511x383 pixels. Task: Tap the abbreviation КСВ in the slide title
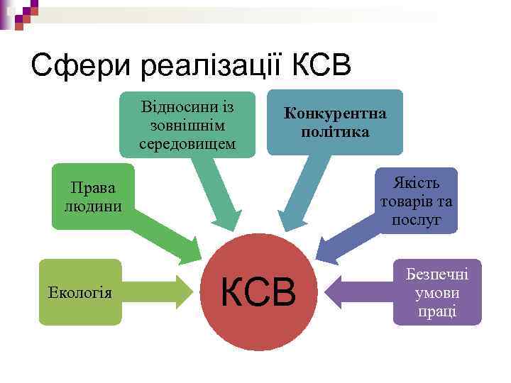pyautogui.click(x=321, y=66)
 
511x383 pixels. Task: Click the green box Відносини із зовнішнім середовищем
pyautogui.click(x=187, y=125)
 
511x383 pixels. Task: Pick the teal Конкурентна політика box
pyautogui.click(x=335, y=121)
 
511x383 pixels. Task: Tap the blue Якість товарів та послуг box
pyautogui.click(x=416, y=200)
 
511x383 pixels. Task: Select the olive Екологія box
pyautogui.click(x=80, y=292)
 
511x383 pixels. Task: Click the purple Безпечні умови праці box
pyautogui.click(x=437, y=292)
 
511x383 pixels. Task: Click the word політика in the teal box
pyautogui.click(x=335, y=131)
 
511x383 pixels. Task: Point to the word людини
pyautogui.click(x=93, y=206)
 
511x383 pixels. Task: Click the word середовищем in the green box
pyautogui.click(x=187, y=144)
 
